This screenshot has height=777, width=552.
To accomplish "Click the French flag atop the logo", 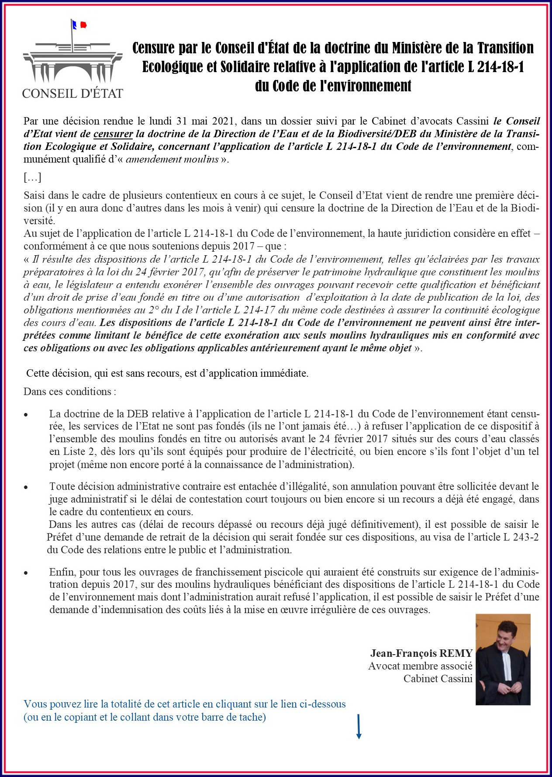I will (79, 25).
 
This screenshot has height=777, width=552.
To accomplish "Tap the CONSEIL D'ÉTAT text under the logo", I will (72, 93).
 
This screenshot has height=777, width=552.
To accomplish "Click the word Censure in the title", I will (153, 48).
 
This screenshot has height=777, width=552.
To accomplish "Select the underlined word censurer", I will (113, 134).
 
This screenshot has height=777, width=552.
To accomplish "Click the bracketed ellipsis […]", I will (32, 177).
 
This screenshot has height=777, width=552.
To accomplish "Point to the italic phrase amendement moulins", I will (172, 159).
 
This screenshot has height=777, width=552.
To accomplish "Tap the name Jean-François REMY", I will (421, 653).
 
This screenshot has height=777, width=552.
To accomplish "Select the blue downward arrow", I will (359, 727).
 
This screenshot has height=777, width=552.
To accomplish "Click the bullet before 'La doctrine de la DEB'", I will (27, 414).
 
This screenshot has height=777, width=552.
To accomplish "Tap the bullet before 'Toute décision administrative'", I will (27, 487).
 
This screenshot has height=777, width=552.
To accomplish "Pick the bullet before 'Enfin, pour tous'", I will (27, 572).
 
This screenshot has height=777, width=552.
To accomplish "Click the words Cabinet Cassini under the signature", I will (438, 679).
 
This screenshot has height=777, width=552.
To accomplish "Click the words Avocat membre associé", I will (420, 666).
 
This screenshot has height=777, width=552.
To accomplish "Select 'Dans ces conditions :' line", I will (70, 392).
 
